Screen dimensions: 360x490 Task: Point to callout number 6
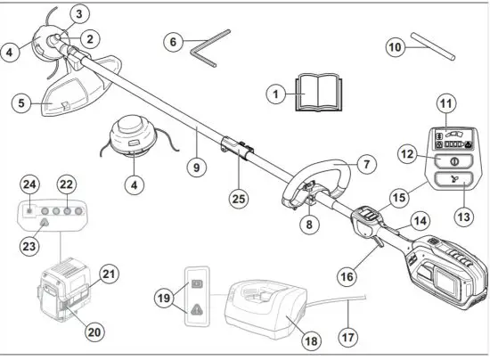[175, 41]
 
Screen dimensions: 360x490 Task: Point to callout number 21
[109, 273]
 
